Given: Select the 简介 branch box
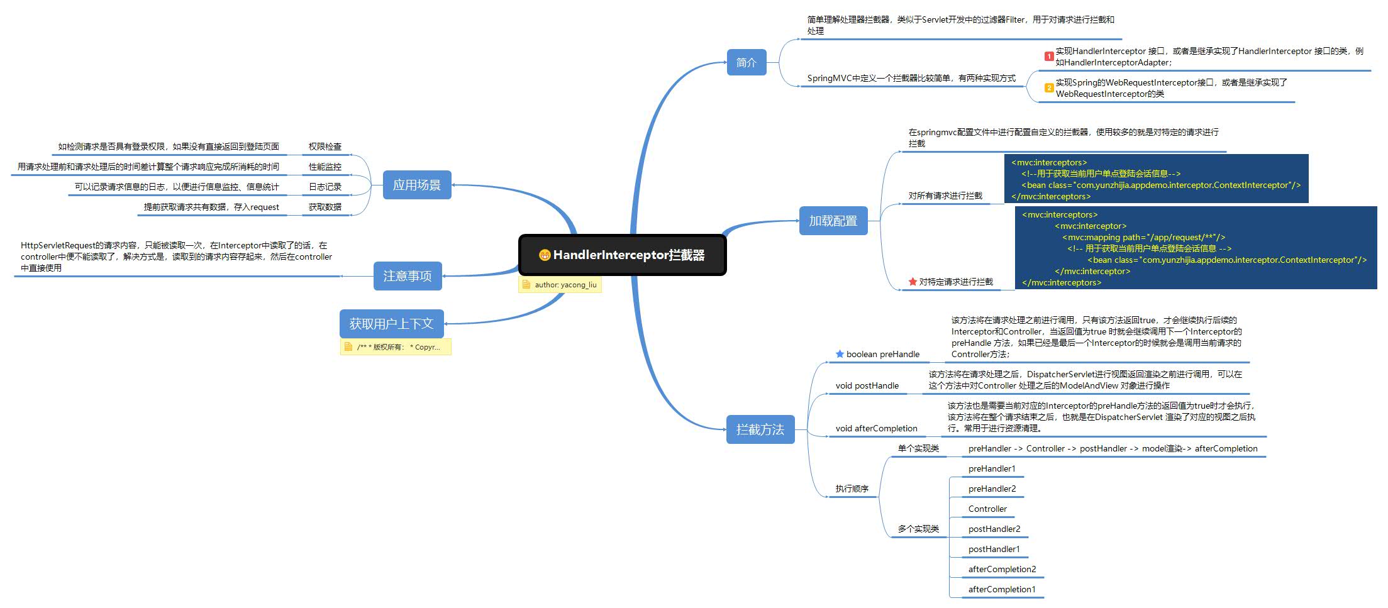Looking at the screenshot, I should click(x=747, y=62).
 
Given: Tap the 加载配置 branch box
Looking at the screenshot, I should click(x=833, y=221).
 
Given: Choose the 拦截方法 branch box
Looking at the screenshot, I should click(x=760, y=429).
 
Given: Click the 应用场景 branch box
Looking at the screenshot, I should click(x=417, y=185).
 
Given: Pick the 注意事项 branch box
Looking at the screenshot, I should click(x=408, y=276).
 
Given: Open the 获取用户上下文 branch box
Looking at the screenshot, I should click(x=391, y=324).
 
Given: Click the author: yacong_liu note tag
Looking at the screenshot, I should click(x=560, y=285).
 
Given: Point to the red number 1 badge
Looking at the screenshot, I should click(x=1049, y=57).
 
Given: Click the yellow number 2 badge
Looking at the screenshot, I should click(x=1049, y=88).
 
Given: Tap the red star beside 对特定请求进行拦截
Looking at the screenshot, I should click(x=913, y=282).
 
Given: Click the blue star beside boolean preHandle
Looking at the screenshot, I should click(x=840, y=354).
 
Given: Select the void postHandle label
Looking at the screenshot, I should click(x=867, y=385).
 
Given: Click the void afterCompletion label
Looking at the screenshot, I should click(x=876, y=428).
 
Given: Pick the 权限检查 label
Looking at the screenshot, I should click(x=325, y=146).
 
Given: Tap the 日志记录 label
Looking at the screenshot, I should click(x=325, y=187).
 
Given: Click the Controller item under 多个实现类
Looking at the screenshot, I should click(x=987, y=509).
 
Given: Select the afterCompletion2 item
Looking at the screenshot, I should click(x=1002, y=569).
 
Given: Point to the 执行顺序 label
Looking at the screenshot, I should click(x=852, y=489).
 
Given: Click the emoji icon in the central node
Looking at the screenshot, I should click(x=545, y=255).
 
